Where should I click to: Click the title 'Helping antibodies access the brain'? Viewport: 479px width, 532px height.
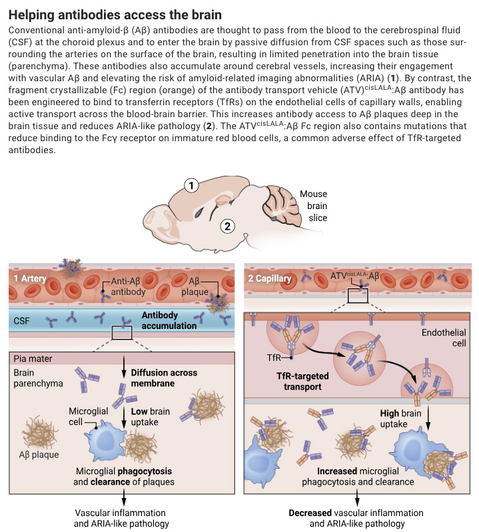117,14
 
